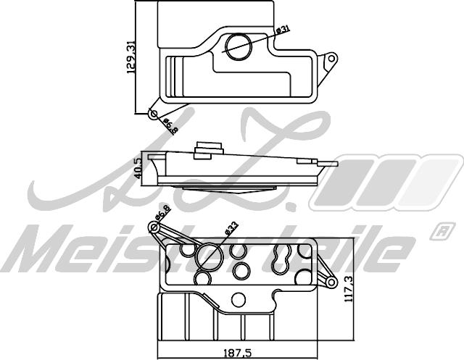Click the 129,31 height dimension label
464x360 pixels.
point(131,58)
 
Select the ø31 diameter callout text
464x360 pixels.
point(283,30)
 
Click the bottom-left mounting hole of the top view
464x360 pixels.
point(152,114)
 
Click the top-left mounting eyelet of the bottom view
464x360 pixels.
point(154,229)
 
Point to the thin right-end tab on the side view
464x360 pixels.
point(330,163)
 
